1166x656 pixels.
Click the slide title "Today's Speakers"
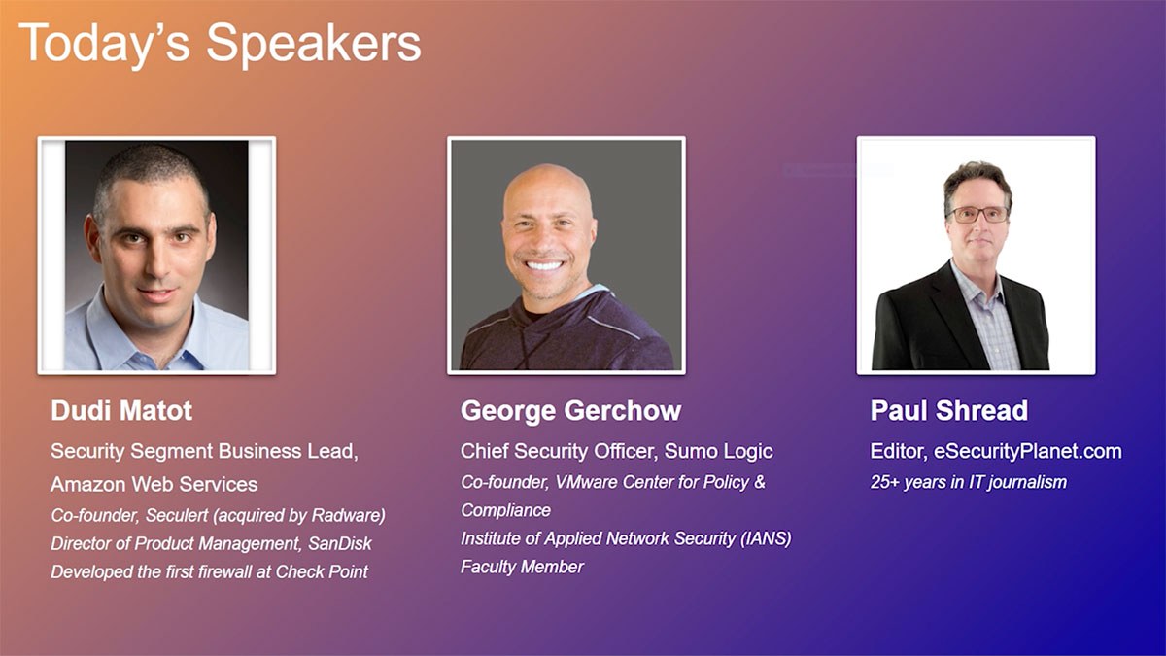click(220, 45)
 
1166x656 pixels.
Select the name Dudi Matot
click(121, 410)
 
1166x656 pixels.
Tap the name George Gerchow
click(570, 411)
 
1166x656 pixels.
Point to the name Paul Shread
click(949, 410)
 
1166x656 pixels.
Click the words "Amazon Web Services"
click(154, 484)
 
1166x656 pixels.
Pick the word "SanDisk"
click(340, 543)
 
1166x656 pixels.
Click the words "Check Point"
click(322, 571)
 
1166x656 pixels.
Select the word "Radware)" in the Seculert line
click(348, 515)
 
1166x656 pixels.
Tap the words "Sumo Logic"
click(718, 452)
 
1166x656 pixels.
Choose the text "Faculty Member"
click(522, 567)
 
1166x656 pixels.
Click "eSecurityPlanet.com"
click(1028, 451)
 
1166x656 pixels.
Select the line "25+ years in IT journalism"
click(968, 482)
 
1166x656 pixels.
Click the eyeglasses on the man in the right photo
click(978, 215)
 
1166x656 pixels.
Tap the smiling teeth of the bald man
click(544, 266)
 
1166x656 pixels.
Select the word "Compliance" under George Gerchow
click(505, 510)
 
